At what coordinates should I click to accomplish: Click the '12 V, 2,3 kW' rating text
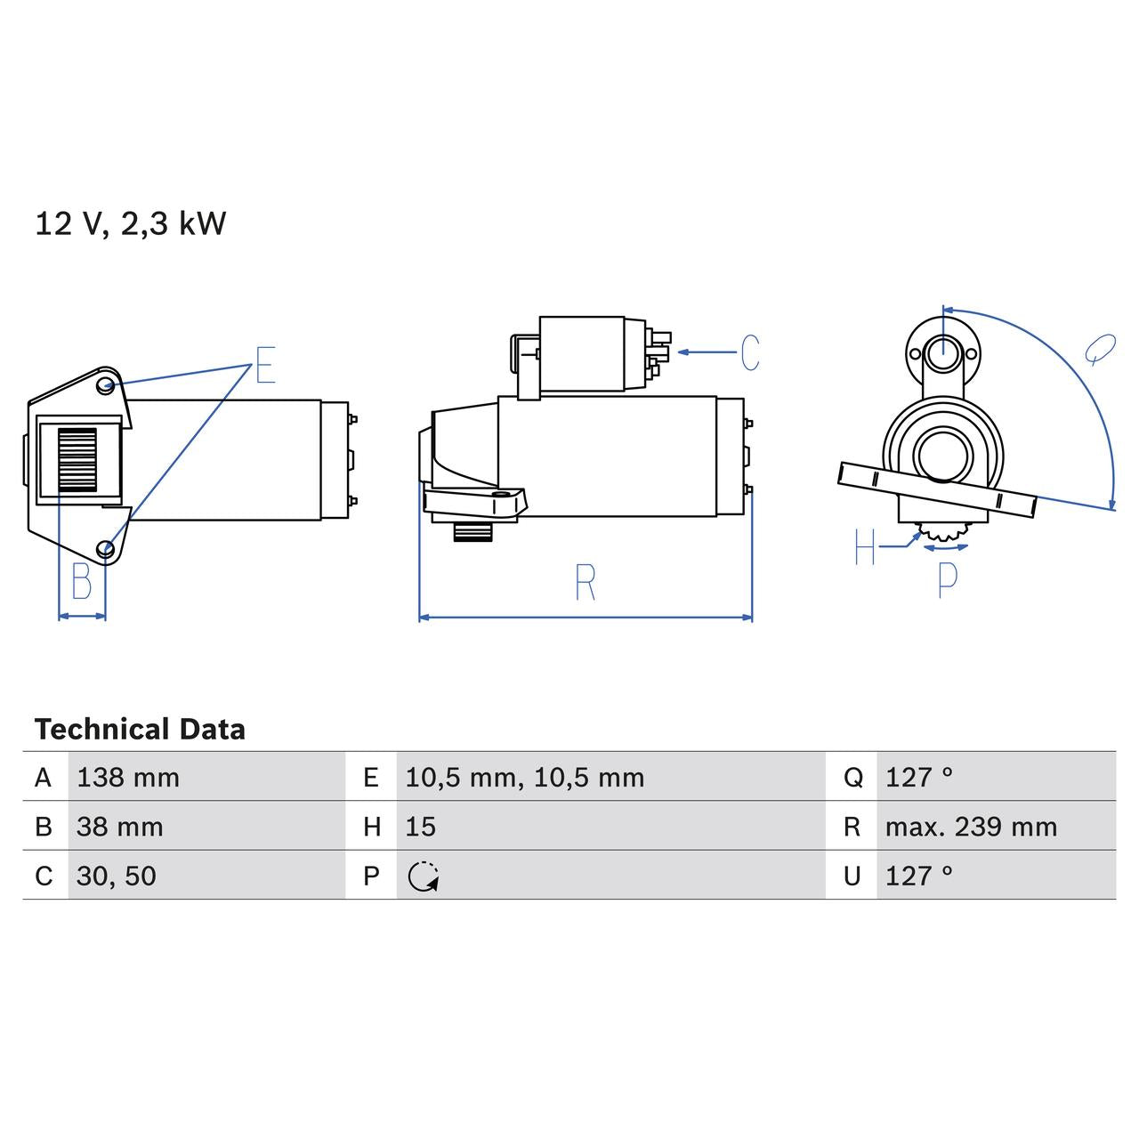click(x=130, y=223)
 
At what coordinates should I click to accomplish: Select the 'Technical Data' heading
click(x=140, y=730)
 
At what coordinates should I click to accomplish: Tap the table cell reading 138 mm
click(x=128, y=778)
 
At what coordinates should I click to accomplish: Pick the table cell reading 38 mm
click(x=120, y=827)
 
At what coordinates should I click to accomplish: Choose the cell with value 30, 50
click(x=117, y=876)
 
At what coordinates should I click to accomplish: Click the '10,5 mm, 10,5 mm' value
click(x=524, y=778)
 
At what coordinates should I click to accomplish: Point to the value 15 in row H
click(x=421, y=827)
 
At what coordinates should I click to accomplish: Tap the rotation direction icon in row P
click(x=424, y=876)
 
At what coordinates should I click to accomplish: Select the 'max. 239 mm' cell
click(x=971, y=827)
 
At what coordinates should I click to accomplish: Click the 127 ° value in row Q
click(x=918, y=778)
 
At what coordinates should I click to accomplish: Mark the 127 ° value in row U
click(x=918, y=876)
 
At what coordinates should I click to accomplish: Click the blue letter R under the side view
click(x=585, y=583)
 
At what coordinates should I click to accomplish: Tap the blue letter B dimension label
click(x=81, y=583)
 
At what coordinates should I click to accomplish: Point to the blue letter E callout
click(x=265, y=365)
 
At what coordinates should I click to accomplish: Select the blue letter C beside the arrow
click(x=750, y=353)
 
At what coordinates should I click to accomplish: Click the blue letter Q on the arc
click(x=1100, y=350)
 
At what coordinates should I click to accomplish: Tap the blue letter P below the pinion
click(x=948, y=579)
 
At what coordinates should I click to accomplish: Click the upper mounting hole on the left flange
click(x=106, y=385)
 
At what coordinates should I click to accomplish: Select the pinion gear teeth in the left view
click(x=77, y=459)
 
